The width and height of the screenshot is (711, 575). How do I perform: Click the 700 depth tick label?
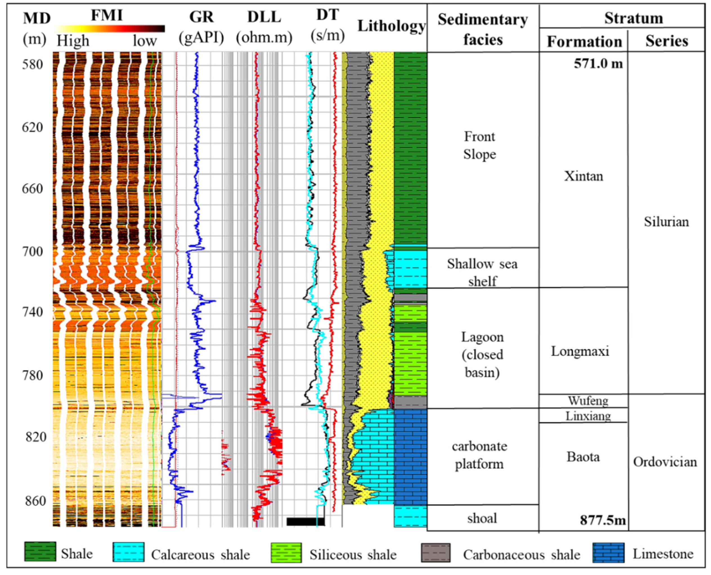click(32, 252)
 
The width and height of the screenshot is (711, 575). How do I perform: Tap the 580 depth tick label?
click(32, 64)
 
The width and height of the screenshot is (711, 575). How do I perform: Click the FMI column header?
click(107, 15)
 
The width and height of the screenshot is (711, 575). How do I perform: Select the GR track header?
click(201, 17)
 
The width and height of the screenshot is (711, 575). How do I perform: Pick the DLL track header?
click(264, 17)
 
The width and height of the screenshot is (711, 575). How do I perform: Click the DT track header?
click(328, 15)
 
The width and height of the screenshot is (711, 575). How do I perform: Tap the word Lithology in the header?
click(391, 26)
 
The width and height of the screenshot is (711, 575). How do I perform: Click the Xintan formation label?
click(584, 176)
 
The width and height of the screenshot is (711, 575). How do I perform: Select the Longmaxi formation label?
click(580, 351)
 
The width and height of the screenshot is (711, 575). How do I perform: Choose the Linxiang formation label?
click(588, 416)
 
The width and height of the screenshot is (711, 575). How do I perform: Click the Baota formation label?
click(583, 457)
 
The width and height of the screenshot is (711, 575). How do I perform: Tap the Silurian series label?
click(666, 222)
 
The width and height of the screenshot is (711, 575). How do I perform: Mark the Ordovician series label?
click(665, 462)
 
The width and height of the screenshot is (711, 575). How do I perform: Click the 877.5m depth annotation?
click(603, 520)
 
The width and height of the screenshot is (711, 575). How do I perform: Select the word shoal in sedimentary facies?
click(482, 518)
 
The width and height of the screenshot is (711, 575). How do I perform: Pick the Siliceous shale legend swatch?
click(286, 553)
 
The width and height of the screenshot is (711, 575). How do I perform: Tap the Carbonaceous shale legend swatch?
click(436, 553)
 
